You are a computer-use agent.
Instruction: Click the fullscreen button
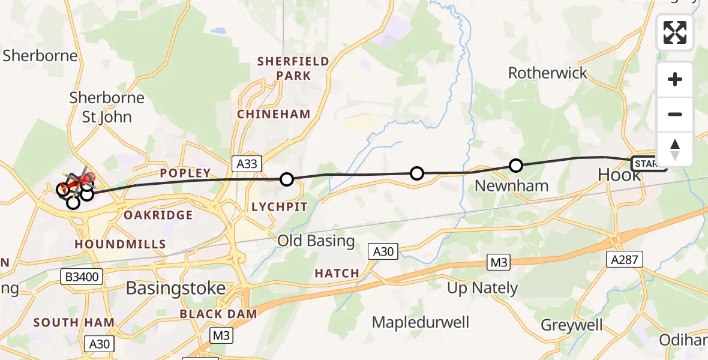pyautogui.click(x=675, y=32)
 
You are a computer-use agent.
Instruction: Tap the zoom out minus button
pyautogui.click(x=675, y=115)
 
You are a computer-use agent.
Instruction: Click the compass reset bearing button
pyautogui.click(x=675, y=149)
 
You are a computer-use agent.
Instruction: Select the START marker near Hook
pyautogui.click(x=648, y=164)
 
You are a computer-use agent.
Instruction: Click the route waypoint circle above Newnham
pyautogui.click(x=515, y=166)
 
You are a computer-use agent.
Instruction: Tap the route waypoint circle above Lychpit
pyautogui.click(x=287, y=179)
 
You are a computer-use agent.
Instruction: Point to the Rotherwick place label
pyautogui.click(x=548, y=73)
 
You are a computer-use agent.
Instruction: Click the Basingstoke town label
pyautogui.click(x=175, y=288)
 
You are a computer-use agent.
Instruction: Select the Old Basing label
pyautogui.click(x=316, y=241)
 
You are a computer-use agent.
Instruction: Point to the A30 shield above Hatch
pyautogui.click(x=383, y=251)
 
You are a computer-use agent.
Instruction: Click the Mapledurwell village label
pyautogui.click(x=421, y=322)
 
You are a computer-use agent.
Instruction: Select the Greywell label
pyautogui.click(x=571, y=325)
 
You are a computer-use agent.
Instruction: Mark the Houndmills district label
pyautogui.click(x=120, y=244)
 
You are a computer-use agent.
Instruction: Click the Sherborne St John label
pyautogui.click(x=107, y=107)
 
